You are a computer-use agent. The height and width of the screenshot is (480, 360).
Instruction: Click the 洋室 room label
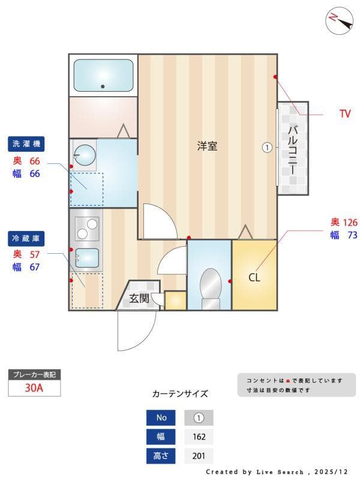point(208,146)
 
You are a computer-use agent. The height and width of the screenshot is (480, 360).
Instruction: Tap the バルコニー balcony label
point(293,148)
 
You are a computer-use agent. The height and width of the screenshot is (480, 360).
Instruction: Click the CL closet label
point(254,278)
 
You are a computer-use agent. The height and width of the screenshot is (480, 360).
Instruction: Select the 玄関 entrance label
point(139,298)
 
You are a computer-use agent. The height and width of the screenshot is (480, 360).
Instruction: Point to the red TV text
point(344,114)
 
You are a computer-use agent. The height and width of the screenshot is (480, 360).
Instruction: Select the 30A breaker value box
point(34,388)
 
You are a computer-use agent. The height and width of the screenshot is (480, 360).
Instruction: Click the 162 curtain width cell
point(199,437)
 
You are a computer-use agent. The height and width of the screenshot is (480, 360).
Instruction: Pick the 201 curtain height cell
point(199,456)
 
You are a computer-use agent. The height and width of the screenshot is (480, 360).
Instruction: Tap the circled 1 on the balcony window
point(268,147)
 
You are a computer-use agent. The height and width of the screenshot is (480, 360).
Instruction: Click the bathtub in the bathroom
point(103,76)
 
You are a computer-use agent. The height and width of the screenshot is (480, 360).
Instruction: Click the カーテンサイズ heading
point(180,394)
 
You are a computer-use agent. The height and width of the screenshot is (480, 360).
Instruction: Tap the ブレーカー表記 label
point(34,374)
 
